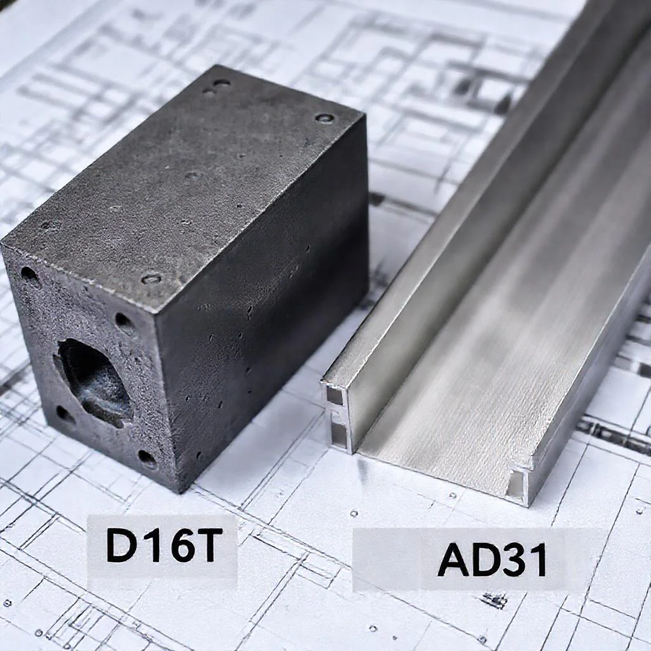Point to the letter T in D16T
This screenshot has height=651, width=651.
[203, 544]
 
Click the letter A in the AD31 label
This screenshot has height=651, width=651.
[454, 559]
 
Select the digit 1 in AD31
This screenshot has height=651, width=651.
[538, 559]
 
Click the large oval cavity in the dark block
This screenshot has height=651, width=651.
[94, 383]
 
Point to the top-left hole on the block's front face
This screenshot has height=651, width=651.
[29, 275]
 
